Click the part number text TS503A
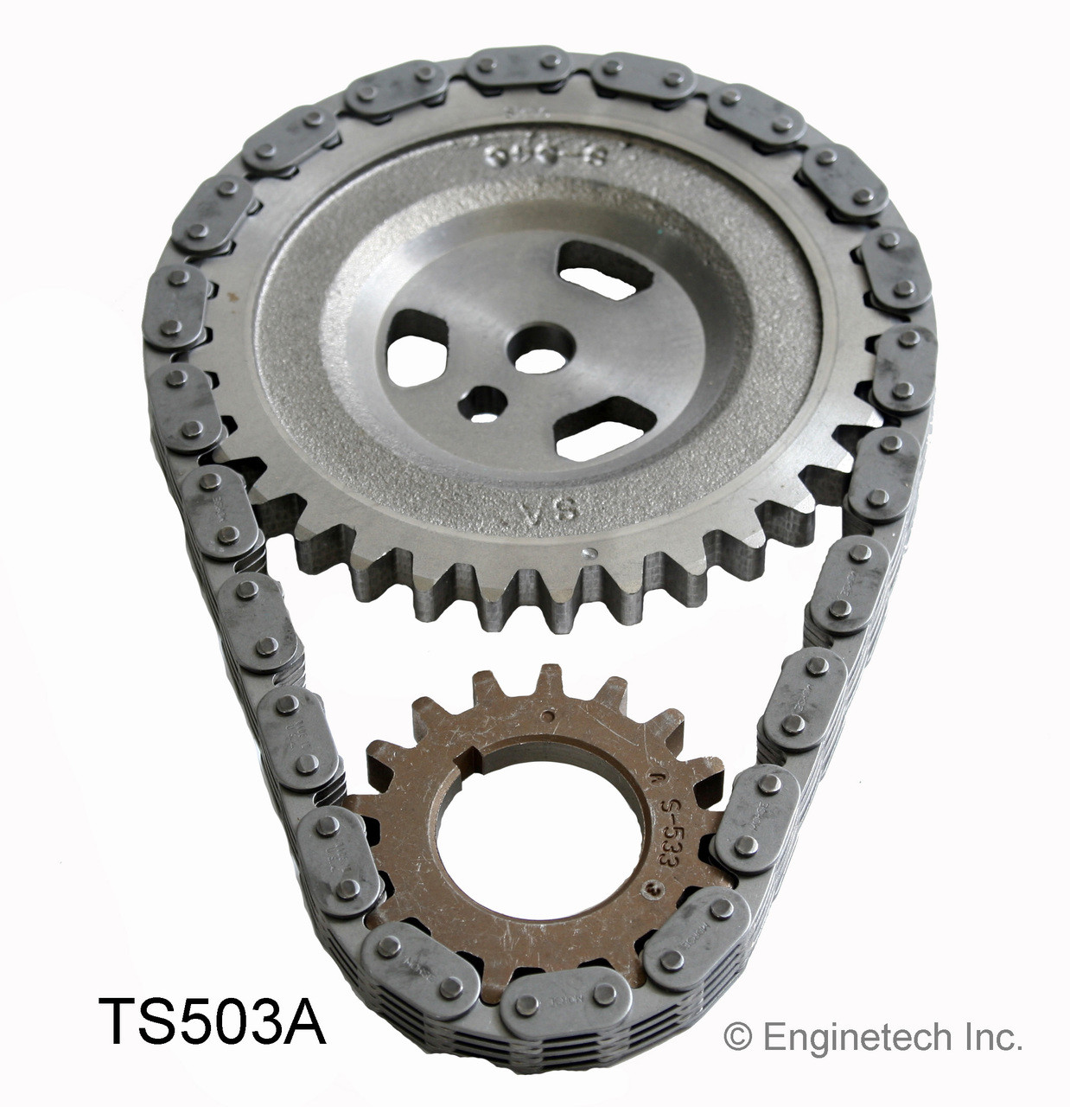(213, 1021)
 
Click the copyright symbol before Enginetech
(736, 1037)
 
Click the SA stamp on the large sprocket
(535, 510)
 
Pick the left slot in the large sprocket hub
(417, 354)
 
